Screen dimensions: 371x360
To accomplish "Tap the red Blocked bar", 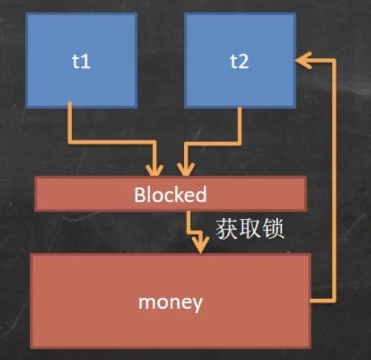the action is [85, 194].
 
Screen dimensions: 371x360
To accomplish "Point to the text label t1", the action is [81, 62].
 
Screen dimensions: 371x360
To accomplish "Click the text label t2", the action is [240, 62].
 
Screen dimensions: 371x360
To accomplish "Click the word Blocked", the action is [170, 195].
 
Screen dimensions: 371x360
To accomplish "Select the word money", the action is [170, 302].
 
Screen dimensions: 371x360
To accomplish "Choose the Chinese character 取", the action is [250, 229].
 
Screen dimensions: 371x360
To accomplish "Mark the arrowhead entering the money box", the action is [199, 247].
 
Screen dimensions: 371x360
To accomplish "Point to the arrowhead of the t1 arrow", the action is [154, 169].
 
